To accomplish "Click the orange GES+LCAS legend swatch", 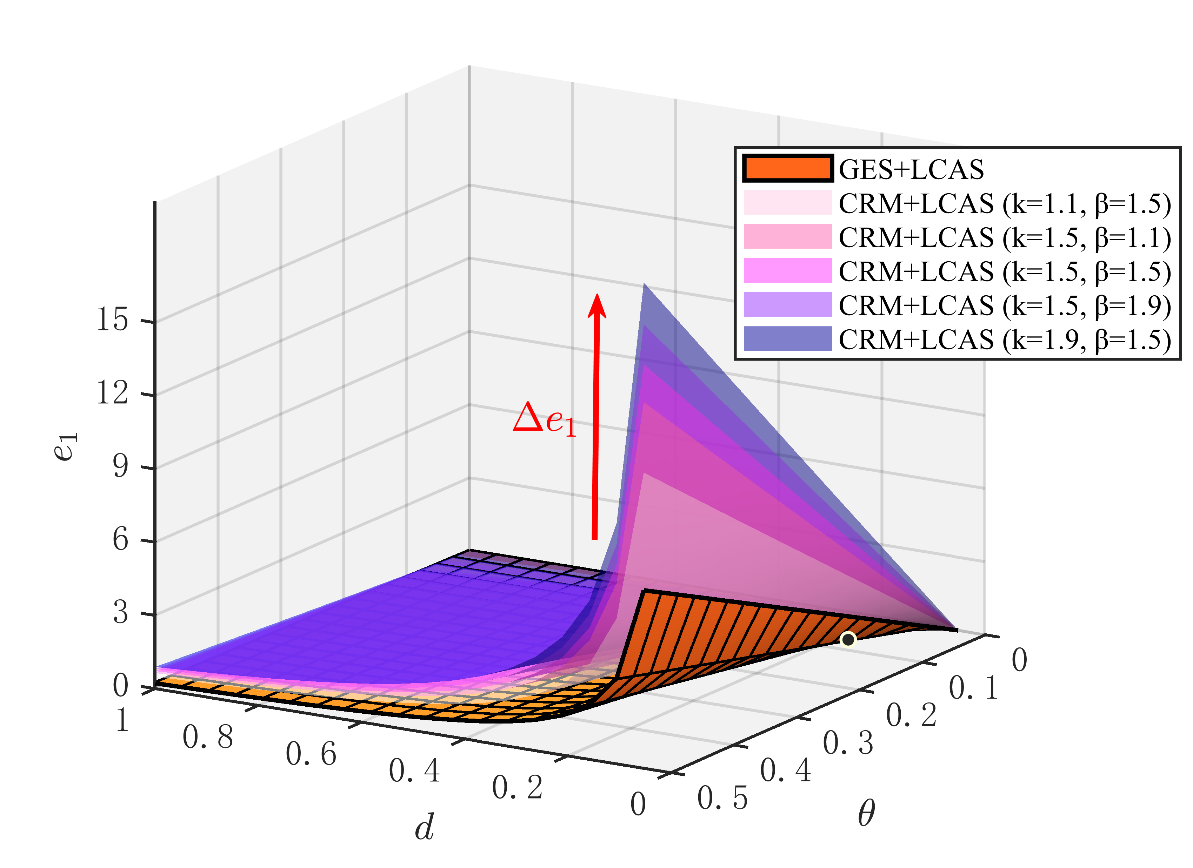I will (787, 169).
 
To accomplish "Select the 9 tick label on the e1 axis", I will (120, 466).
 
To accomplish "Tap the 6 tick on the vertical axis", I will (120, 540).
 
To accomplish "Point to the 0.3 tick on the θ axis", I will (848, 743).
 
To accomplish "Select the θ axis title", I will (866, 813).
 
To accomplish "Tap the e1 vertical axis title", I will (66, 447).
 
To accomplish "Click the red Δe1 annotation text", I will (545, 419).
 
